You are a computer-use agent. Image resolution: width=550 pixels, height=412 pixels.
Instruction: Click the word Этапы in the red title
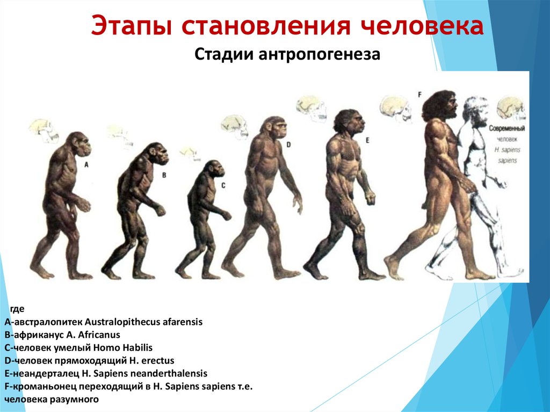point(131,25)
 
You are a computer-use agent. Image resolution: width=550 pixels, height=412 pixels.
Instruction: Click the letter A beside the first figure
point(86,164)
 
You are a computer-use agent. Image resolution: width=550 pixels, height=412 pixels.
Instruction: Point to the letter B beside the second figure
point(164,175)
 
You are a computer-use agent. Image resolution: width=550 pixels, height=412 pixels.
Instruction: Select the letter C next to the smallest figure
point(223,185)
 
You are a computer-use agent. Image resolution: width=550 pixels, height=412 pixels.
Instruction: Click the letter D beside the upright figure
point(288,144)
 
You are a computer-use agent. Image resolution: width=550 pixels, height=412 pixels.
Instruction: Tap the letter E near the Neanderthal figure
point(367,140)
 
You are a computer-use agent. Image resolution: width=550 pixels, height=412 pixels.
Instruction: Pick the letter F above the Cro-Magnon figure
point(419,95)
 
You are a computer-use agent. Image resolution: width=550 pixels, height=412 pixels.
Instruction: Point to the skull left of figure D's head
point(235,127)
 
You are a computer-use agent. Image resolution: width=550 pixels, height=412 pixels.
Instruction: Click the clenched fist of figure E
point(370,199)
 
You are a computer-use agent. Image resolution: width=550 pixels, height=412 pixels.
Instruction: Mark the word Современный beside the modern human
point(507,128)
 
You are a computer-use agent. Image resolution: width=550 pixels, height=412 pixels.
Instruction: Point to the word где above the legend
point(17,309)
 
